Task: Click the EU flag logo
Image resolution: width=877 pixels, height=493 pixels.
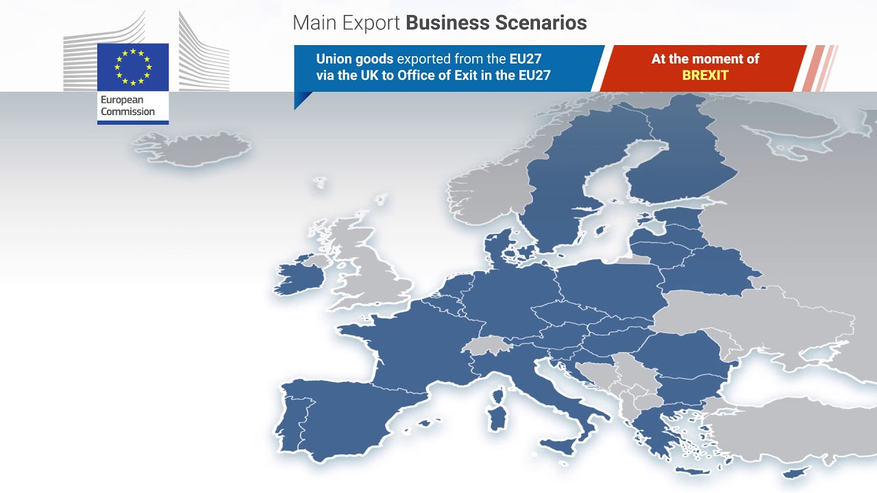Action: tap(133, 66)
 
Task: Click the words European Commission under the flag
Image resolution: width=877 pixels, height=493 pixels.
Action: tap(127, 106)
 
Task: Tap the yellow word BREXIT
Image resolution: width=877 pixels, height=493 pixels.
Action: tap(705, 75)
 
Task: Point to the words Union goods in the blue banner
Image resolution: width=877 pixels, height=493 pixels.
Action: tap(354, 59)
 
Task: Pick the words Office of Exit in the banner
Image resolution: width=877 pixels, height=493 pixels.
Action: tap(458, 75)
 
